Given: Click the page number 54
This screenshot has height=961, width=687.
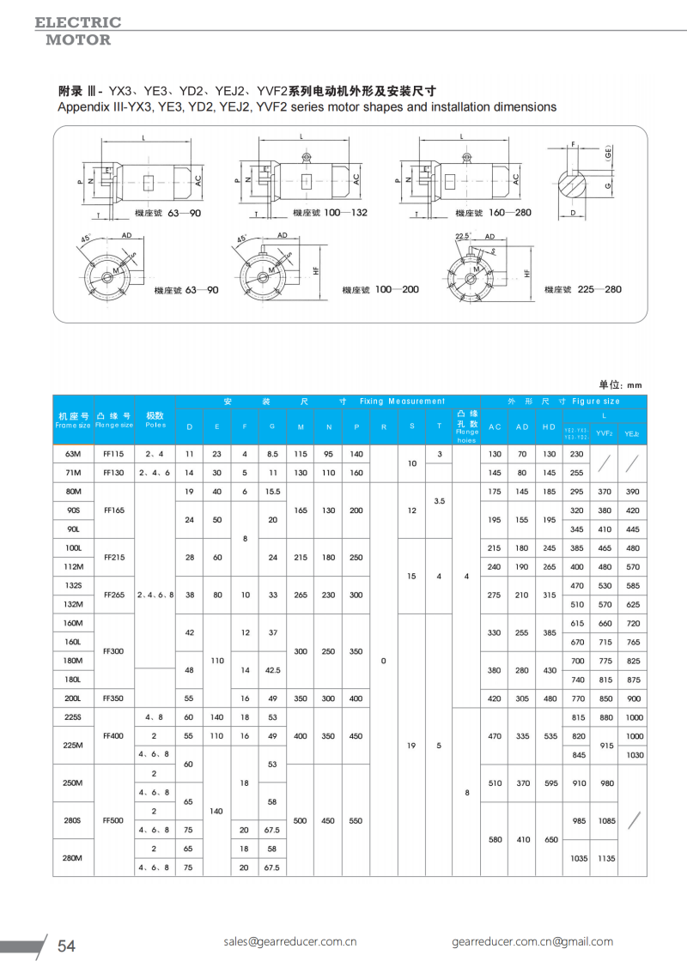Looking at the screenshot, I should point(66,946).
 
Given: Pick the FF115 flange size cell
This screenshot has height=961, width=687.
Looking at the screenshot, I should point(114,453).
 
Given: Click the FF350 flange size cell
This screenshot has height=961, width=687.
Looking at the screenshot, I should point(114,698).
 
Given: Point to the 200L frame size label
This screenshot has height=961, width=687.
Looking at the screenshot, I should point(73,698).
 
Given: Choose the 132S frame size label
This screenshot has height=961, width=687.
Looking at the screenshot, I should point(73,585).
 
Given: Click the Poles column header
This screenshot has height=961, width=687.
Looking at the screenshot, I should point(155,420).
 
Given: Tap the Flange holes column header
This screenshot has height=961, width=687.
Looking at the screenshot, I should point(466,426).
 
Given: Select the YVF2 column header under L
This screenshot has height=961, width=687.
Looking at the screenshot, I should point(604,434).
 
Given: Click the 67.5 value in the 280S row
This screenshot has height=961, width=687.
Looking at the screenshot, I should point(272,830).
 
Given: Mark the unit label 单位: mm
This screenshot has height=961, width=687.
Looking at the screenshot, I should point(620,385).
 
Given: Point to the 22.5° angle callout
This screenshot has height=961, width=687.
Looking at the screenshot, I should point(464,236).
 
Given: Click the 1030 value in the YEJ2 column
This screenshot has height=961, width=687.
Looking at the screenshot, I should point(634,754).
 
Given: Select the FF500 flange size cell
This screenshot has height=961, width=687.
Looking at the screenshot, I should point(114,820).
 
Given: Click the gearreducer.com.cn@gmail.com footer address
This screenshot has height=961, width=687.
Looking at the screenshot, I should point(532,941).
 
